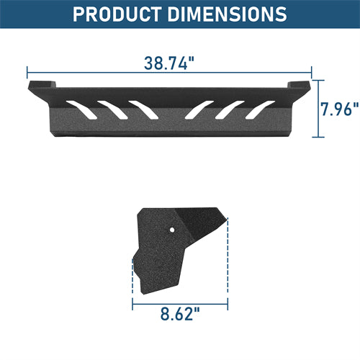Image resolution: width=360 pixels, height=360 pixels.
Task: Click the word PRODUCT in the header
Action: coord(124,14)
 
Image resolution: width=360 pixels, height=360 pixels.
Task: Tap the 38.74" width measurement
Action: coord(169,63)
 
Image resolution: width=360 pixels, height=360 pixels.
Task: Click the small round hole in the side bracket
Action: coord(173,229)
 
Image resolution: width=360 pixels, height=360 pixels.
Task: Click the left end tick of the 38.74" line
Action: coord(27,72)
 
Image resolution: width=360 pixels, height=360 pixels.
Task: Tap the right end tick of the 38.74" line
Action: coord(311,72)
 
